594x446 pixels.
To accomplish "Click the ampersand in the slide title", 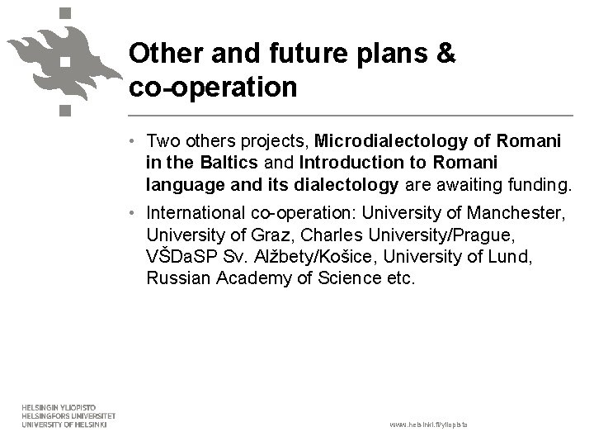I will coord(445,54).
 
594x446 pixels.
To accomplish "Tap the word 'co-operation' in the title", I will coord(213,87).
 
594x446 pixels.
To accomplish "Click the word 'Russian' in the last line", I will coord(179,278).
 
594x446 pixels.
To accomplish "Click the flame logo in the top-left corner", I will coord(59,58).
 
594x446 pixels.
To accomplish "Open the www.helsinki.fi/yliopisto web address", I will coord(428,424).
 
